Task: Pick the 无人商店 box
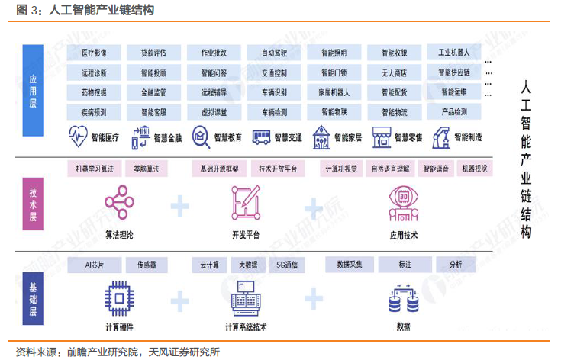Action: click(x=393, y=73)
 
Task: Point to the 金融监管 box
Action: click(x=153, y=92)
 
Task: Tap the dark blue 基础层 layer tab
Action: click(x=33, y=294)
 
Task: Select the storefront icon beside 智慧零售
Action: click(x=382, y=138)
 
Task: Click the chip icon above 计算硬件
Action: click(x=119, y=297)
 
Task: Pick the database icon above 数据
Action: click(x=403, y=300)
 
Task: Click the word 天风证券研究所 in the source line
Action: click(x=181, y=352)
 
